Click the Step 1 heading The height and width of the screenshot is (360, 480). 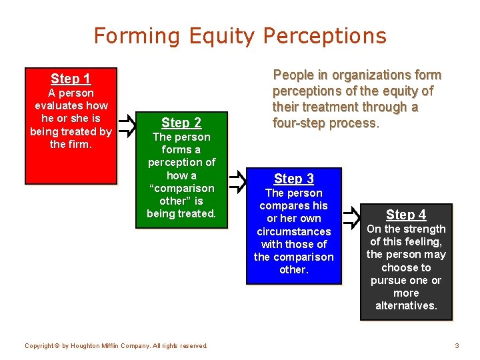[x=71, y=79]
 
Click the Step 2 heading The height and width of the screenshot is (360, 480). [x=181, y=123]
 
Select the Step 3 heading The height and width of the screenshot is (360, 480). [x=294, y=179]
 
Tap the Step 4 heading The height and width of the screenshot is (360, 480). [x=406, y=215]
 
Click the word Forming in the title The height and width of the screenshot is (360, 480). [x=137, y=36]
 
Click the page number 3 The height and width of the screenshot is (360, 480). [x=457, y=345]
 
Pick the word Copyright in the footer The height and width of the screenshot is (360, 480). [x=39, y=346]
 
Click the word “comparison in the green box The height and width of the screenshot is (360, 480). [x=181, y=188]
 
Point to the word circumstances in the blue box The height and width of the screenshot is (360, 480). [x=294, y=231]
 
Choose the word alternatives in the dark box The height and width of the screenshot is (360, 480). [x=405, y=305]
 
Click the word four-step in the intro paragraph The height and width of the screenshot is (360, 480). [x=299, y=123]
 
